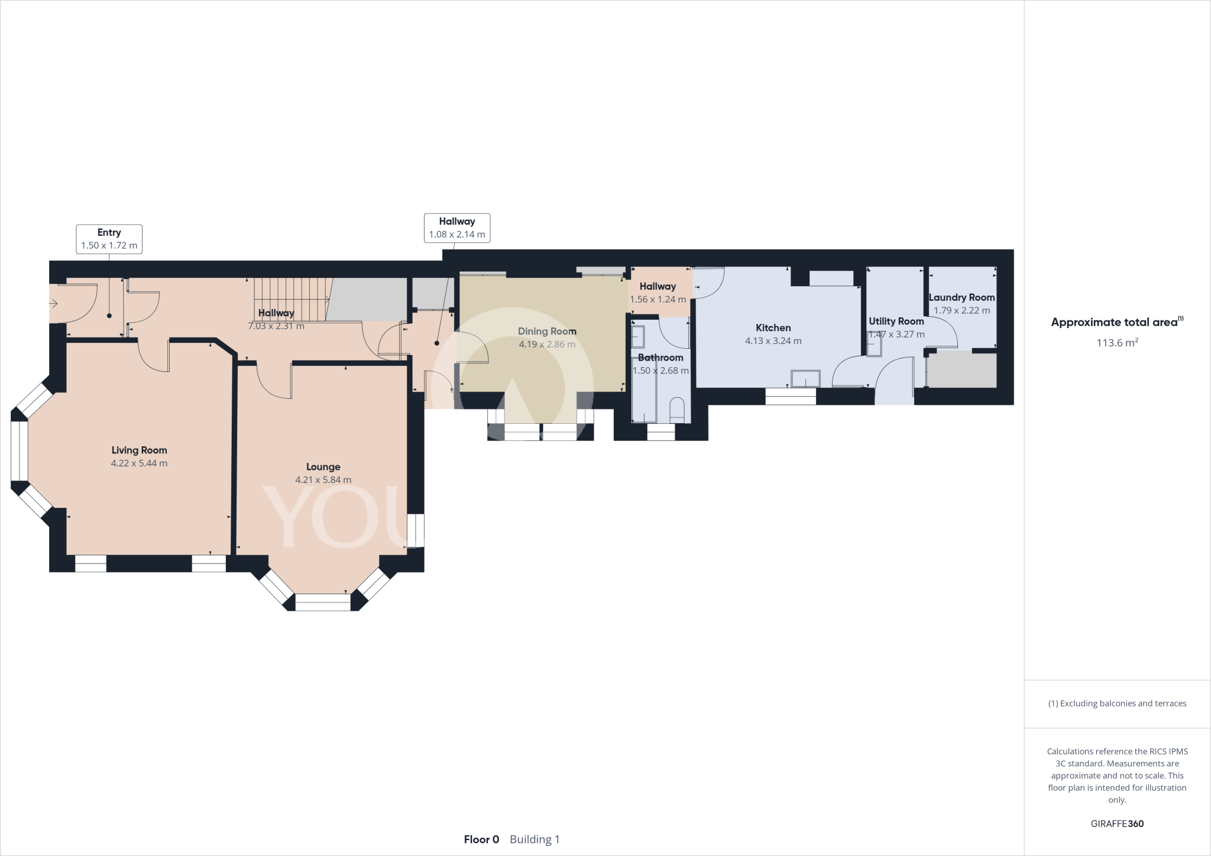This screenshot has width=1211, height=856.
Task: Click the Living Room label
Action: (x=139, y=450)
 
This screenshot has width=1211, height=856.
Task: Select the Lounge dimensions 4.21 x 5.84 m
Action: (x=323, y=480)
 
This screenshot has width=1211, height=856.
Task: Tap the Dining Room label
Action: (x=547, y=332)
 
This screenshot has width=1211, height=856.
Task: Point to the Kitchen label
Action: (x=773, y=328)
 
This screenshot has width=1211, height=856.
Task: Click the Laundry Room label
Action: (x=961, y=298)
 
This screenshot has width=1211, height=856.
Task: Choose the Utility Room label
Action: (x=896, y=322)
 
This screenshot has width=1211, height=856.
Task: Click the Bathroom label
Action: (x=660, y=358)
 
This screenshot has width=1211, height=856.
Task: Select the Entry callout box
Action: (x=109, y=239)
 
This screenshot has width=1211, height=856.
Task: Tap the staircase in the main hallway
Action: (x=292, y=299)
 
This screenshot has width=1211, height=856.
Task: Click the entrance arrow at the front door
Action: (x=53, y=304)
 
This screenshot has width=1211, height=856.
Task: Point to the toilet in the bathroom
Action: (x=678, y=410)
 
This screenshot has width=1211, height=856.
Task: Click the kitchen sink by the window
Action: (x=805, y=378)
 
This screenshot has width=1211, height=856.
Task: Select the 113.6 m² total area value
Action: (x=1117, y=342)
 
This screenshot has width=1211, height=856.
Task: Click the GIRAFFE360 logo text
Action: (x=1117, y=823)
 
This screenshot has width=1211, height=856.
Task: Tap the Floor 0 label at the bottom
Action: (x=481, y=839)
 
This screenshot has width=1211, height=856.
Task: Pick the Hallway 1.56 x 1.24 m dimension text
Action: (x=658, y=300)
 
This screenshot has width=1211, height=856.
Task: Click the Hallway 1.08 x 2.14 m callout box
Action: (x=457, y=228)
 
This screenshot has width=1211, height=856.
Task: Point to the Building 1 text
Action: (x=535, y=839)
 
